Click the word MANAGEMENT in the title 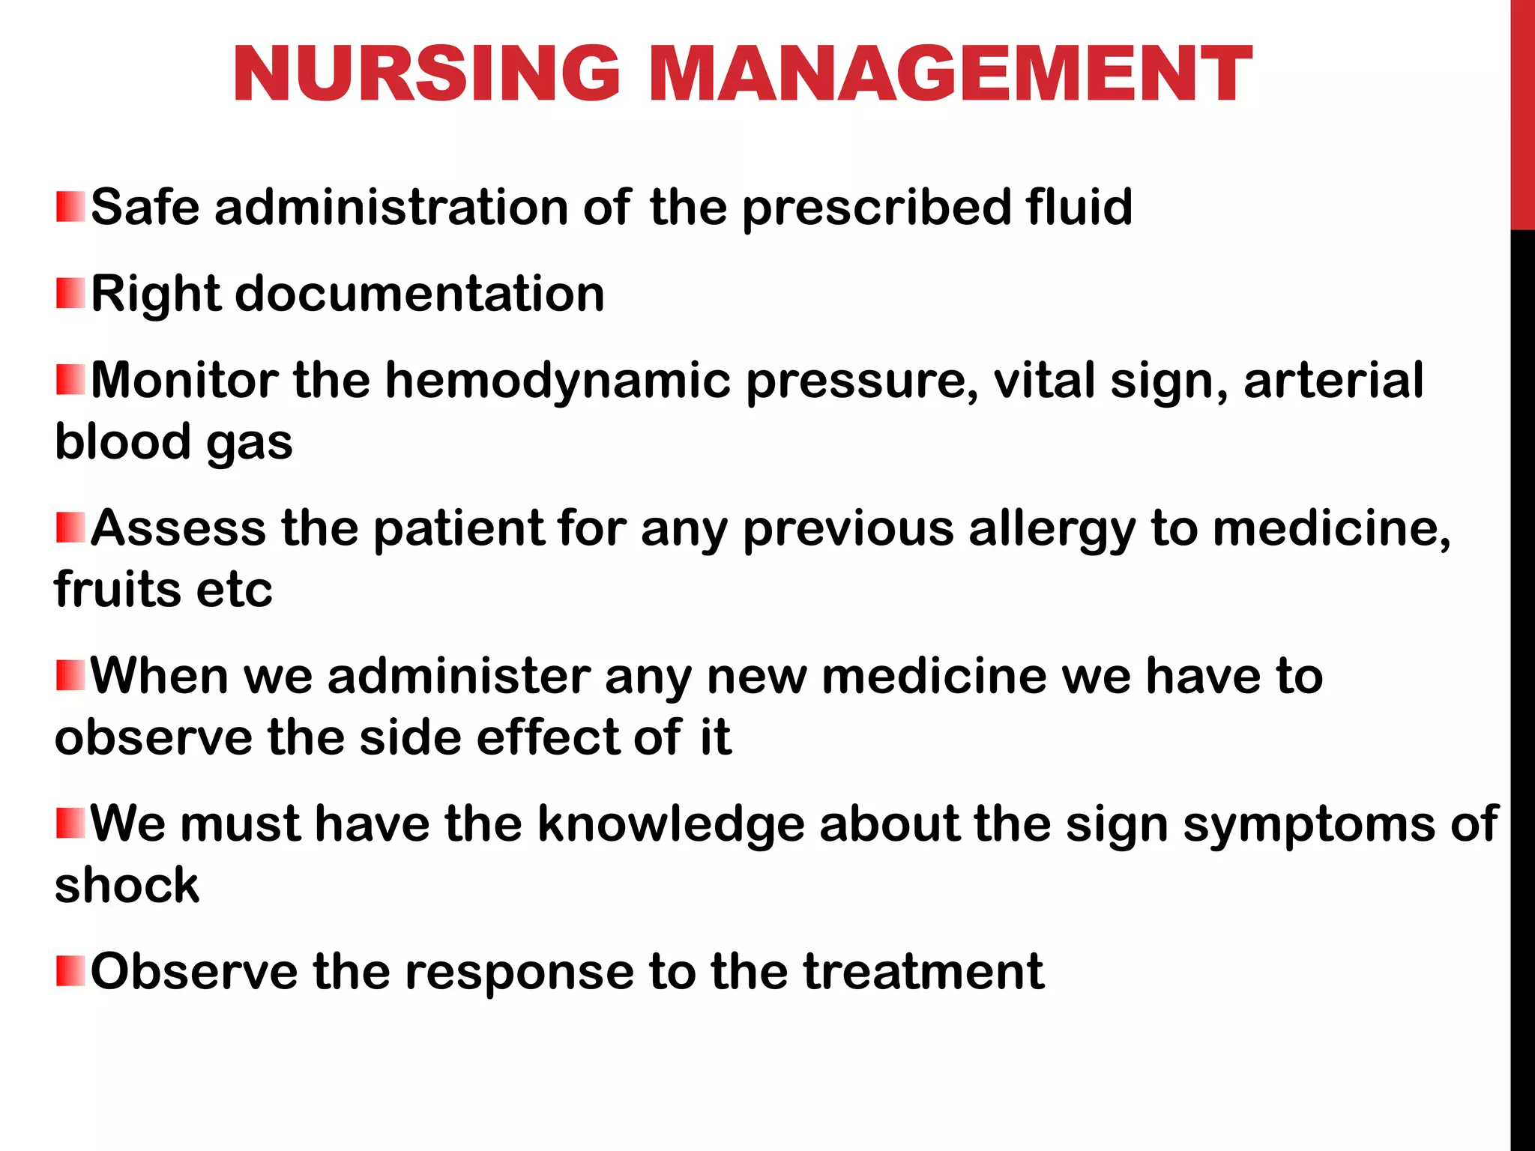coord(950,73)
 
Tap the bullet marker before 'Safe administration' coord(70,207)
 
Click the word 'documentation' coord(420,293)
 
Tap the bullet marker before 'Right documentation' coord(70,293)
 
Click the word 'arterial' coord(1333,380)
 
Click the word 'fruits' coord(117,589)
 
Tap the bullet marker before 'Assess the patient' coord(70,528)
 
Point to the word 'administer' coord(459,676)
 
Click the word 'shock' coord(127,885)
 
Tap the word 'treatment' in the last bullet coord(923,971)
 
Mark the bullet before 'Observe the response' coord(70,970)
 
